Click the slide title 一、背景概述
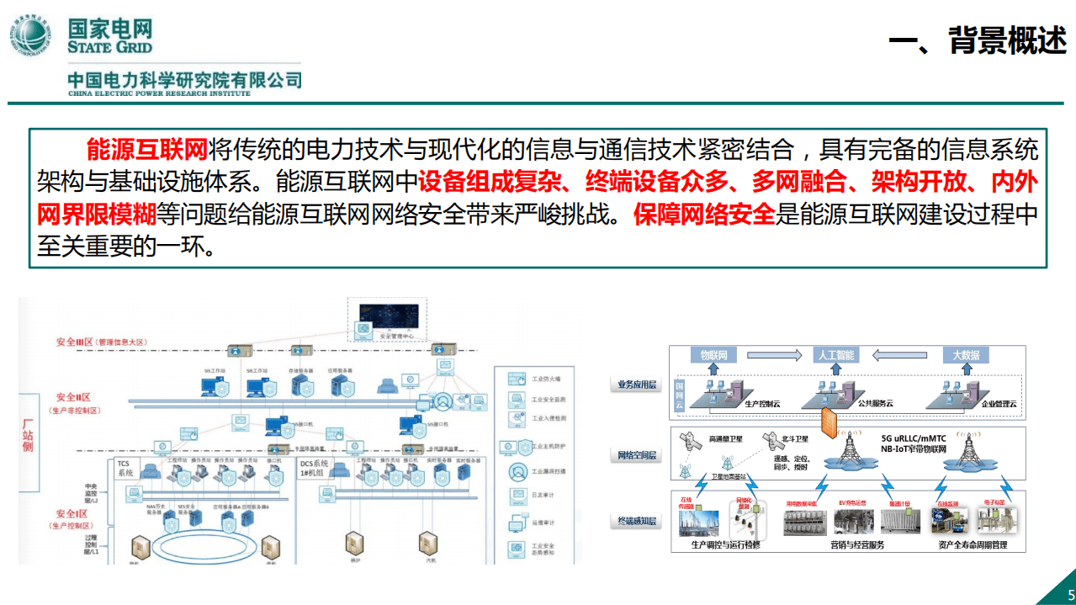pos(978,40)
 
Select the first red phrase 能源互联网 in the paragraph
pos(146,151)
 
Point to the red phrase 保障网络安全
pos(705,215)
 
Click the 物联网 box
pos(713,355)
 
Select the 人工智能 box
pos(835,355)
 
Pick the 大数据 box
pos(965,355)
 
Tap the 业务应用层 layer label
pos(636,385)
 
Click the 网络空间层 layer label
pos(636,455)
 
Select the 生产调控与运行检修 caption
pos(725,545)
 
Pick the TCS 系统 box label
pos(125,468)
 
